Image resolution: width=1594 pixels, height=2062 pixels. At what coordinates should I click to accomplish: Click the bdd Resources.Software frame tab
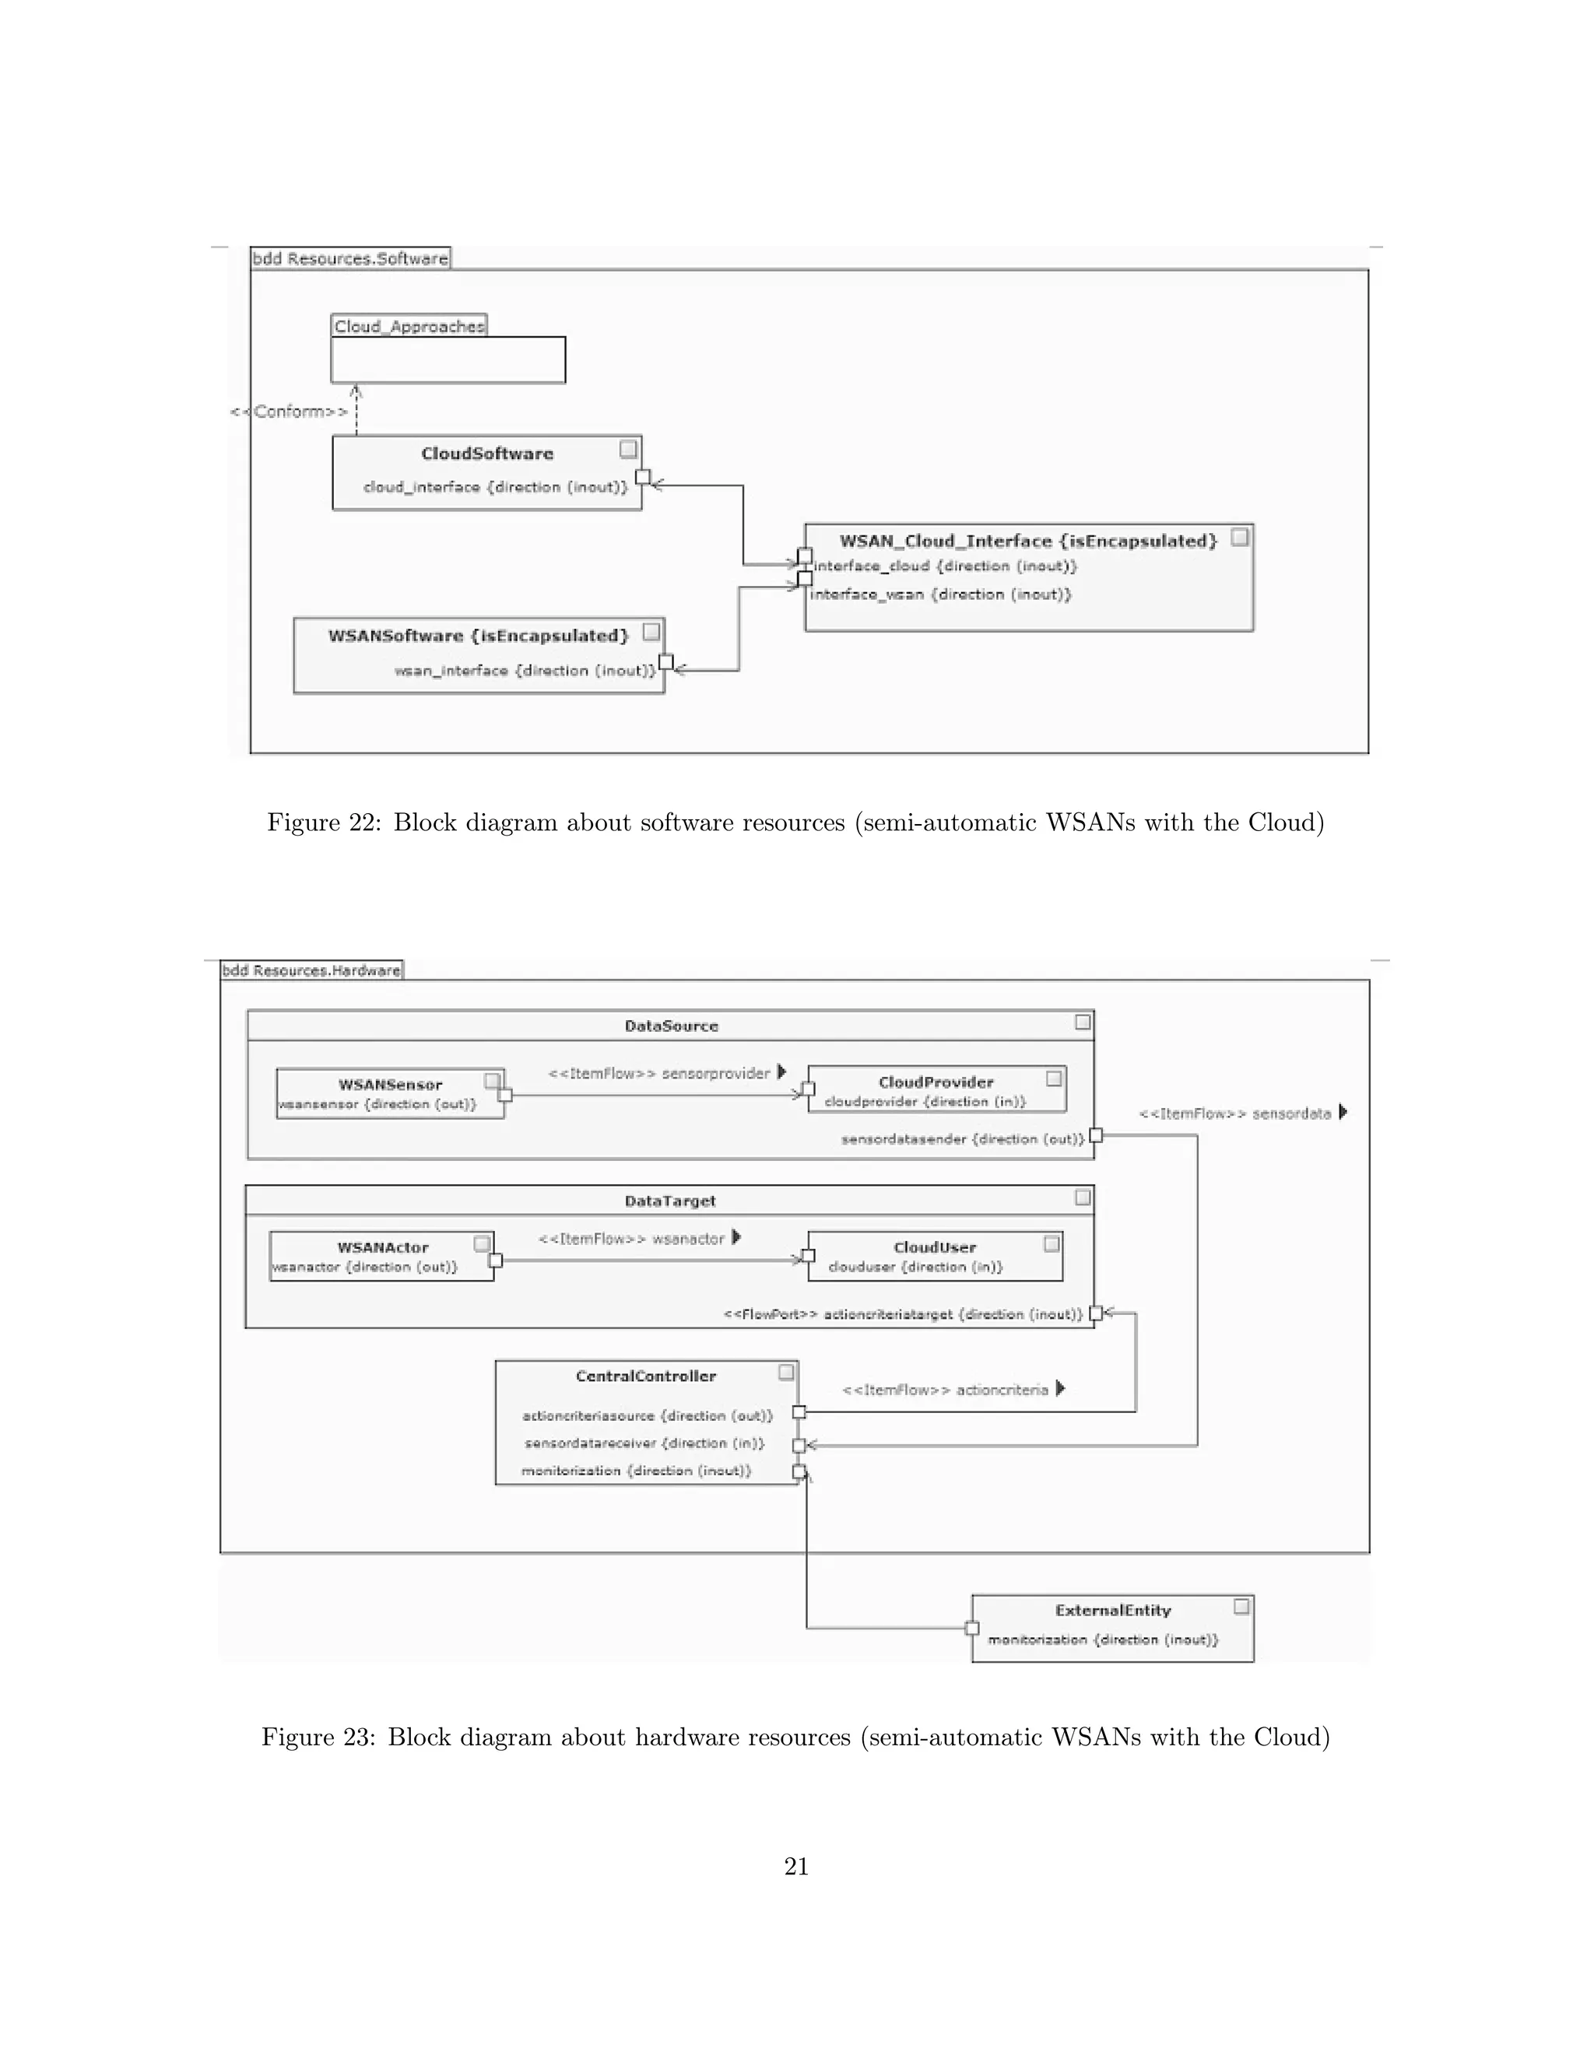click(x=350, y=258)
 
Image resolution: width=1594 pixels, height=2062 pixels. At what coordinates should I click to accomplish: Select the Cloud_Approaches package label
click(x=409, y=327)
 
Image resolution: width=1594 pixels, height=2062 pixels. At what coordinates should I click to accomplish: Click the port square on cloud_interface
click(x=642, y=477)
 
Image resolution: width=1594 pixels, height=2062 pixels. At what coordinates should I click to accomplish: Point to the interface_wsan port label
click(x=940, y=594)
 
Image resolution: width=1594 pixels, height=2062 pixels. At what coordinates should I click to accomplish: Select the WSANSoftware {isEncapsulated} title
click(x=478, y=636)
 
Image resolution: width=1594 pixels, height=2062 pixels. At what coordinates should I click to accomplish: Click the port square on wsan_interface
click(x=665, y=662)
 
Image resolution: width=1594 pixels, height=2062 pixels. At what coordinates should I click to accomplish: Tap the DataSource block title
click(x=672, y=1026)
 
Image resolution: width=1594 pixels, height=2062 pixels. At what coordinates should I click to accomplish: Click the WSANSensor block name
click(x=390, y=1085)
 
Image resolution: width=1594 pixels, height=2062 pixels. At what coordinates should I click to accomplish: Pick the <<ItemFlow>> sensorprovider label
click(x=660, y=1074)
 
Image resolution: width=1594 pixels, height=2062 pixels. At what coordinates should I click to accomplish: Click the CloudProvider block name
click(x=936, y=1082)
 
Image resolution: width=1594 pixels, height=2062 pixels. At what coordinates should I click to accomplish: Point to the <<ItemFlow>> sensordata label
click(x=1235, y=1114)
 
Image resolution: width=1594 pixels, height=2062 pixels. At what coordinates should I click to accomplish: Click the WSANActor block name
click(x=382, y=1247)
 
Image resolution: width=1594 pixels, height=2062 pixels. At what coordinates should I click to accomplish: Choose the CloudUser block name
click(x=935, y=1247)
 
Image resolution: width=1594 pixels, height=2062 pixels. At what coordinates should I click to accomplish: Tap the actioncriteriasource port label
click(x=647, y=1415)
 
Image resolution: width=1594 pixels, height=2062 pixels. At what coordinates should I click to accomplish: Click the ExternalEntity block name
click(x=1112, y=1611)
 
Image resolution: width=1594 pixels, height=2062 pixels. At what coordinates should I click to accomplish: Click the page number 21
click(x=796, y=1867)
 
